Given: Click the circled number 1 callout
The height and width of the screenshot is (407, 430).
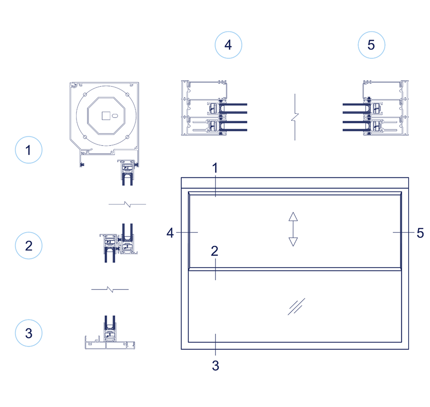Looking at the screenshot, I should [x=28, y=150].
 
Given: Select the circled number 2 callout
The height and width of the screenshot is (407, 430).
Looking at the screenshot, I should [x=28, y=246].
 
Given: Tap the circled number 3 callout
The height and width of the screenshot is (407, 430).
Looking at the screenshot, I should [x=28, y=333].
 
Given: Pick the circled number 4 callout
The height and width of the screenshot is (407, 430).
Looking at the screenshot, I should [x=228, y=45].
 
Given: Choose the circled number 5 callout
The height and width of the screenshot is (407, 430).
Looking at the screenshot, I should [x=371, y=45].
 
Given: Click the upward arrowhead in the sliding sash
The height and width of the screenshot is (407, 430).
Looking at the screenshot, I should [x=293, y=216].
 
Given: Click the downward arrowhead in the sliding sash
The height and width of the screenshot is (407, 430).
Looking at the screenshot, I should [x=293, y=242].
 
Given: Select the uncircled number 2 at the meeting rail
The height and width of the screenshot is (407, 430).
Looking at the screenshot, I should [x=215, y=251].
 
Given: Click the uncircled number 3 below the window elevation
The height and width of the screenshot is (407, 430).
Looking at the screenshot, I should [x=215, y=365].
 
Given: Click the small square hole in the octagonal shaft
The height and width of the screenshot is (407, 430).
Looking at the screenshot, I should [x=105, y=116].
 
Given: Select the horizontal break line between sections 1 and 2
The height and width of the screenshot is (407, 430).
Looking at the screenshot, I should [x=127, y=204].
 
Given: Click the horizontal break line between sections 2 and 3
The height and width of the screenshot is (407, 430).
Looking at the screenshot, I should [x=110, y=289].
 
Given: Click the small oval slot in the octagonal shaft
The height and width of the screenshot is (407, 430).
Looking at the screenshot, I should [x=115, y=116].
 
